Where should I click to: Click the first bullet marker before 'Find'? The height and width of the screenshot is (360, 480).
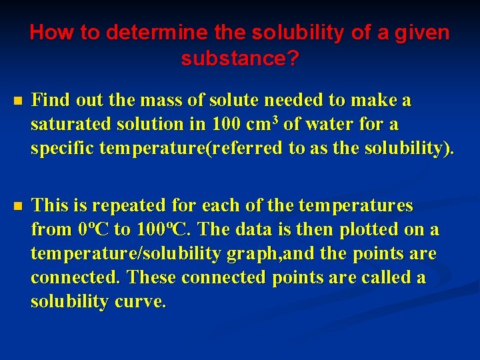[x=17, y=102]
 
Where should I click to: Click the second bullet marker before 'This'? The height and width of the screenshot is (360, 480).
[x=17, y=206]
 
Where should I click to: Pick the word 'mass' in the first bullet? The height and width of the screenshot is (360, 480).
[x=154, y=101]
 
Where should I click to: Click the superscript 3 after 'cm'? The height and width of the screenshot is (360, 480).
[x=275, y=120]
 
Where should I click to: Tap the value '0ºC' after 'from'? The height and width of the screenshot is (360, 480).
[x=94, y=230]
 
